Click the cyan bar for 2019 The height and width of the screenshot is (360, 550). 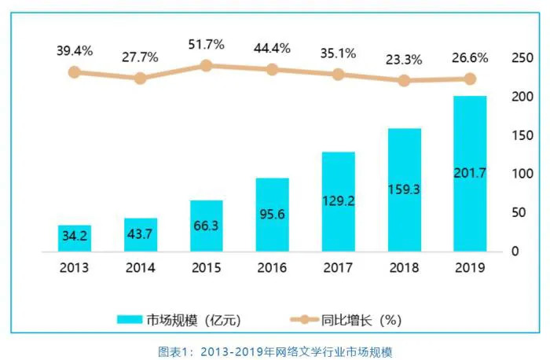(470, 174)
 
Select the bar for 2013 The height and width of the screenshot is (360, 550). (74, 238)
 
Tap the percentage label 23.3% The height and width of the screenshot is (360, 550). (405, 57)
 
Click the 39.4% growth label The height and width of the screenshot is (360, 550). (74, 50)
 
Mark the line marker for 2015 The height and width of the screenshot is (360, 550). (206, 65)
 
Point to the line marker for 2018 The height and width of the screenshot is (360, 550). (405, 80)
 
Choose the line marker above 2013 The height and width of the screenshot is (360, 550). (74, 72)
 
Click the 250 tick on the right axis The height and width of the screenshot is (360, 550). (522, 57)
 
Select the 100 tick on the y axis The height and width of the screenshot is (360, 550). (522, 174)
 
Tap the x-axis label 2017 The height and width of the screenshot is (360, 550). (339, 267)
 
